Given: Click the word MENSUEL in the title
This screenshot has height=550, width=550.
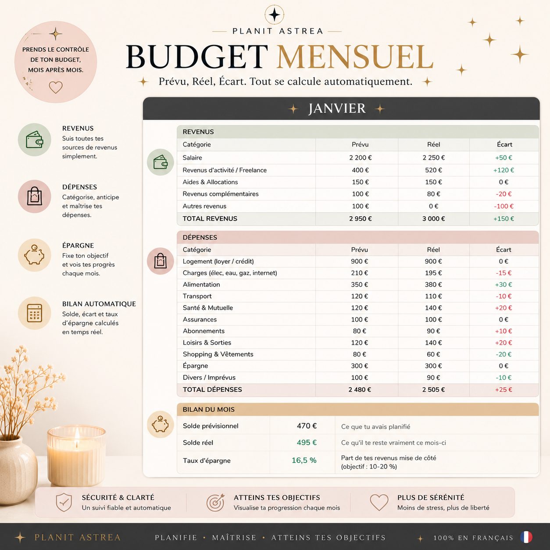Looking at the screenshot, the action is click(x=355, y=57).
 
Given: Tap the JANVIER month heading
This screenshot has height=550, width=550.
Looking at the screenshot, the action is click(x=337, y=108).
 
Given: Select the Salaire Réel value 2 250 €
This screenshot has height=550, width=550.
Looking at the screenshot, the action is click(x=433, y=157).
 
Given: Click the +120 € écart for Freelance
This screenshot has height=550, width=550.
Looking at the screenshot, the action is click(x=504, y=170).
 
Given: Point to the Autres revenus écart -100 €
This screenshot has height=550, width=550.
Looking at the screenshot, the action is click(x=504, y=206).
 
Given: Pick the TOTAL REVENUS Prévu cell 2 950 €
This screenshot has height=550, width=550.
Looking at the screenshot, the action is click(x=360, y=218).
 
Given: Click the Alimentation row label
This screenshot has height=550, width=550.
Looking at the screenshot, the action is click(x=201, y=285).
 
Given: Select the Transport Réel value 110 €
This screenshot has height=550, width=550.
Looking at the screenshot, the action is click(x=433, y=296).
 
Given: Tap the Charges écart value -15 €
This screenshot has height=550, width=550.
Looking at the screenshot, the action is click(x=504, y=273).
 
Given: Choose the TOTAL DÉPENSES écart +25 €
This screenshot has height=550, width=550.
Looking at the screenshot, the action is click(x=504, y=389).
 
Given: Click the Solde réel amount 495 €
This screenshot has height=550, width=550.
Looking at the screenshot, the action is click(x=307, y=443).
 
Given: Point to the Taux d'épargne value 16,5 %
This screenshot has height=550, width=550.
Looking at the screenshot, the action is click(x=304, y=460).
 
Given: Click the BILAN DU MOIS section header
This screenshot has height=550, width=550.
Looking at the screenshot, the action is click(x=209, y=409).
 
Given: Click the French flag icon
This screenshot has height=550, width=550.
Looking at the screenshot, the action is click(x=526, y=537).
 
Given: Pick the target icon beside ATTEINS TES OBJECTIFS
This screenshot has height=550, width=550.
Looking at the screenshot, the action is click(x=215, y=503).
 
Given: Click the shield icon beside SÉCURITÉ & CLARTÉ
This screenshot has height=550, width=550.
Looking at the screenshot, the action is click(x=64, y=502).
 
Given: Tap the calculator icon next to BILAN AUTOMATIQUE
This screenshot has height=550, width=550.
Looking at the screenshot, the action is click(x=35, y=313).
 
